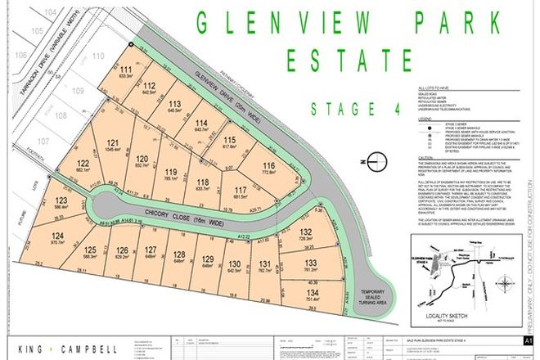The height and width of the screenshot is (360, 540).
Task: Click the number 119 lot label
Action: tap(169, 169)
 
